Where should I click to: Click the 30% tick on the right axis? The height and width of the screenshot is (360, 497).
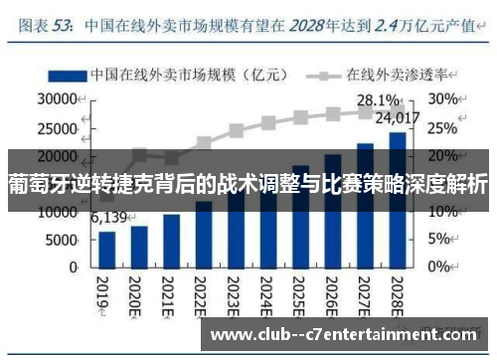(443, 99)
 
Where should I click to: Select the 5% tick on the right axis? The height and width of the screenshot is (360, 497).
(440, 240)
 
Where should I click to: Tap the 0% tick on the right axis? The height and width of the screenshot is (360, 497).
(440, 268)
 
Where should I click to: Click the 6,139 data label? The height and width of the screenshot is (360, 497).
(109, 218)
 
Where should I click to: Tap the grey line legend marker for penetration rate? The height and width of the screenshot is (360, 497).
(322, 75)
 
